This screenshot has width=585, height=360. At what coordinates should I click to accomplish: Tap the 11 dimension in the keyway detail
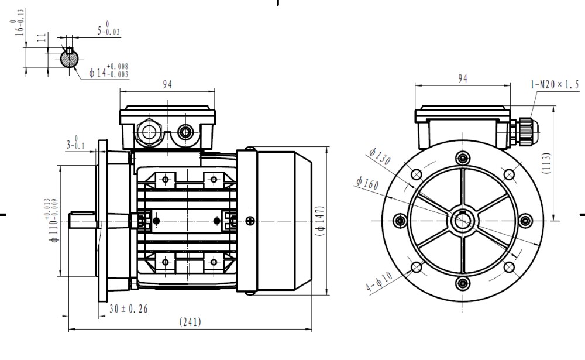pyautogui.click(x=40, y=39)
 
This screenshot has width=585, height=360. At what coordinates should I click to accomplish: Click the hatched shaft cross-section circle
pyautogui.click(x=70, y=58)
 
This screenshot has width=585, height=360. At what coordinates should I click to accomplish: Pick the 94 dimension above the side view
pyautogui.click(x=167, y=84)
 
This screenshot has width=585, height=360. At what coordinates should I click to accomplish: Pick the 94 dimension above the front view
pyautogui.click(x=463, y=78)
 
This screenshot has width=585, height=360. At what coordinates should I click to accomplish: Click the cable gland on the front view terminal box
pyautogui.click(x=524, y=130)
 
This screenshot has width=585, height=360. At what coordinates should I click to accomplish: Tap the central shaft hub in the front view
pyautogui.click(x=463, y=221)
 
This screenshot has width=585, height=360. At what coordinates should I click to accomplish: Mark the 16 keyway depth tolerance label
pyautogui.click(x=20, y=22)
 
